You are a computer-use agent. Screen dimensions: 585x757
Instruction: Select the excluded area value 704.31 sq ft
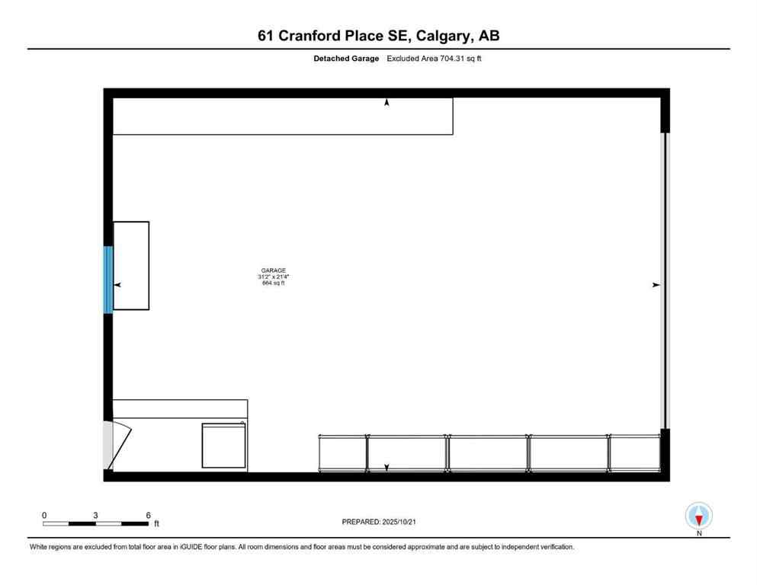click(x=456, y=59)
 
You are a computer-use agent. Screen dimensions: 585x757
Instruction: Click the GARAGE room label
click(x=274, y=270)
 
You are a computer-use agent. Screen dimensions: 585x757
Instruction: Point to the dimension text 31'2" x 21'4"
click(x=274, y=277)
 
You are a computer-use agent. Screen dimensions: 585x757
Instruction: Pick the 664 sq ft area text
click(x=274, y=284)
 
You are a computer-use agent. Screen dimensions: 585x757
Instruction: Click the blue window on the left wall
click(x=108, y=279)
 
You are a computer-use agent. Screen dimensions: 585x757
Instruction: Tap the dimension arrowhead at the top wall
click(x=387, y=102)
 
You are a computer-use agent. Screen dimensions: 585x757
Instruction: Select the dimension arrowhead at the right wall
click(x=656, y=285)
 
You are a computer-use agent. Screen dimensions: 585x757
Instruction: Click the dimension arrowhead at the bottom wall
click(x=387, y=467)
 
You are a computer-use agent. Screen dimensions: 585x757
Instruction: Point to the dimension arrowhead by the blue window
click(x=117, y=285)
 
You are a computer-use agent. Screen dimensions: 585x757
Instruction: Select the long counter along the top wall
click(x=282, y=116)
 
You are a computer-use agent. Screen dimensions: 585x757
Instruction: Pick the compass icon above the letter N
click(x=699, y=516)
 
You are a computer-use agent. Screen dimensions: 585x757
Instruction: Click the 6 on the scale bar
click(x=148, y=515)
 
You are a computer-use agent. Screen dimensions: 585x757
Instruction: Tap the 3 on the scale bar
click(x=95, y=515)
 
